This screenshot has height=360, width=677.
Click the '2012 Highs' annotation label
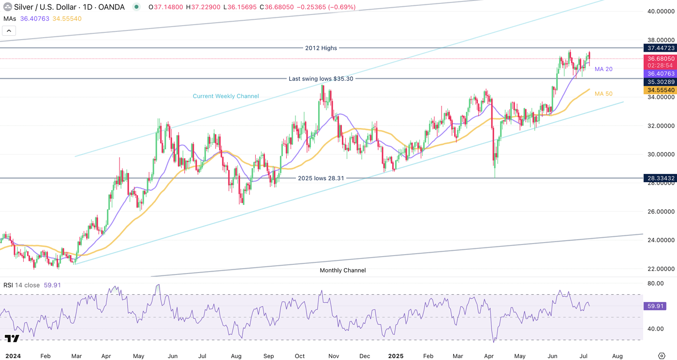pyautogui.click(x=321, y=48)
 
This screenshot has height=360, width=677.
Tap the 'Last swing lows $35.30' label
pyautogui.click(x=321, y=78)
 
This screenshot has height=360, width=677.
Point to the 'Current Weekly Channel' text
pyautogui.click(x=226, y=96)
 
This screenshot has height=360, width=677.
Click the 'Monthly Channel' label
pyautogui.click(x=342, y=270)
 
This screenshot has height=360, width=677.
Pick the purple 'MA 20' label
pyautogui.click(x=603, y=69)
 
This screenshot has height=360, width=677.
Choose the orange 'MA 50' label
pyautogui.click(x=603, y=93)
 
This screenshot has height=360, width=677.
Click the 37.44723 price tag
pyautogui.click(x=660, y=48)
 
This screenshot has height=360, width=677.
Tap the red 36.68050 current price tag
pyautogui.click(x=660, y=58)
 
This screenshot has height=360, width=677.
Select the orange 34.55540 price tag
pyautogui.click(x=660, y=90)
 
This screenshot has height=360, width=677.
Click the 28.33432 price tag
pyautogui.click(x=660, y=178)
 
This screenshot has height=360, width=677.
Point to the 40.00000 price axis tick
pyautogui.click(x=660, y=11)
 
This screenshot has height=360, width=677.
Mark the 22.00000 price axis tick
pyautogui.click(x=660, y=269)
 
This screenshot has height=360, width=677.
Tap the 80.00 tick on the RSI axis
pyautogui.click(x=655, y=283)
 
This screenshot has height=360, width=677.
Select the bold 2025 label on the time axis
pyautogui.click(x=396, y=356)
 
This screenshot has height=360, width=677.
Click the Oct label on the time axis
pyautogui.click(x=300, y=356)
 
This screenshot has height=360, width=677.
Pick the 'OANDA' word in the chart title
pyautogui.click(x=111, y=7)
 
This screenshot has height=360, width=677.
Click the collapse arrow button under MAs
pyautogui.click(x=9, y=31)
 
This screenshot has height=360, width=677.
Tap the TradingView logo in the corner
pyautogui.click(x=12, y=339)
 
